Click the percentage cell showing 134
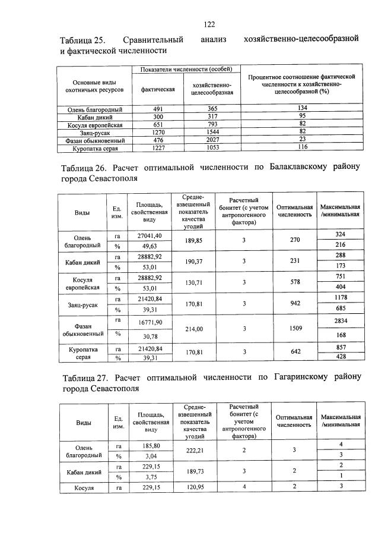[301, 107]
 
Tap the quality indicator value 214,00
[193, 328]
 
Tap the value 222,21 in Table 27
[193, 451]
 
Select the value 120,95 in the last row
[193, 487]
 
